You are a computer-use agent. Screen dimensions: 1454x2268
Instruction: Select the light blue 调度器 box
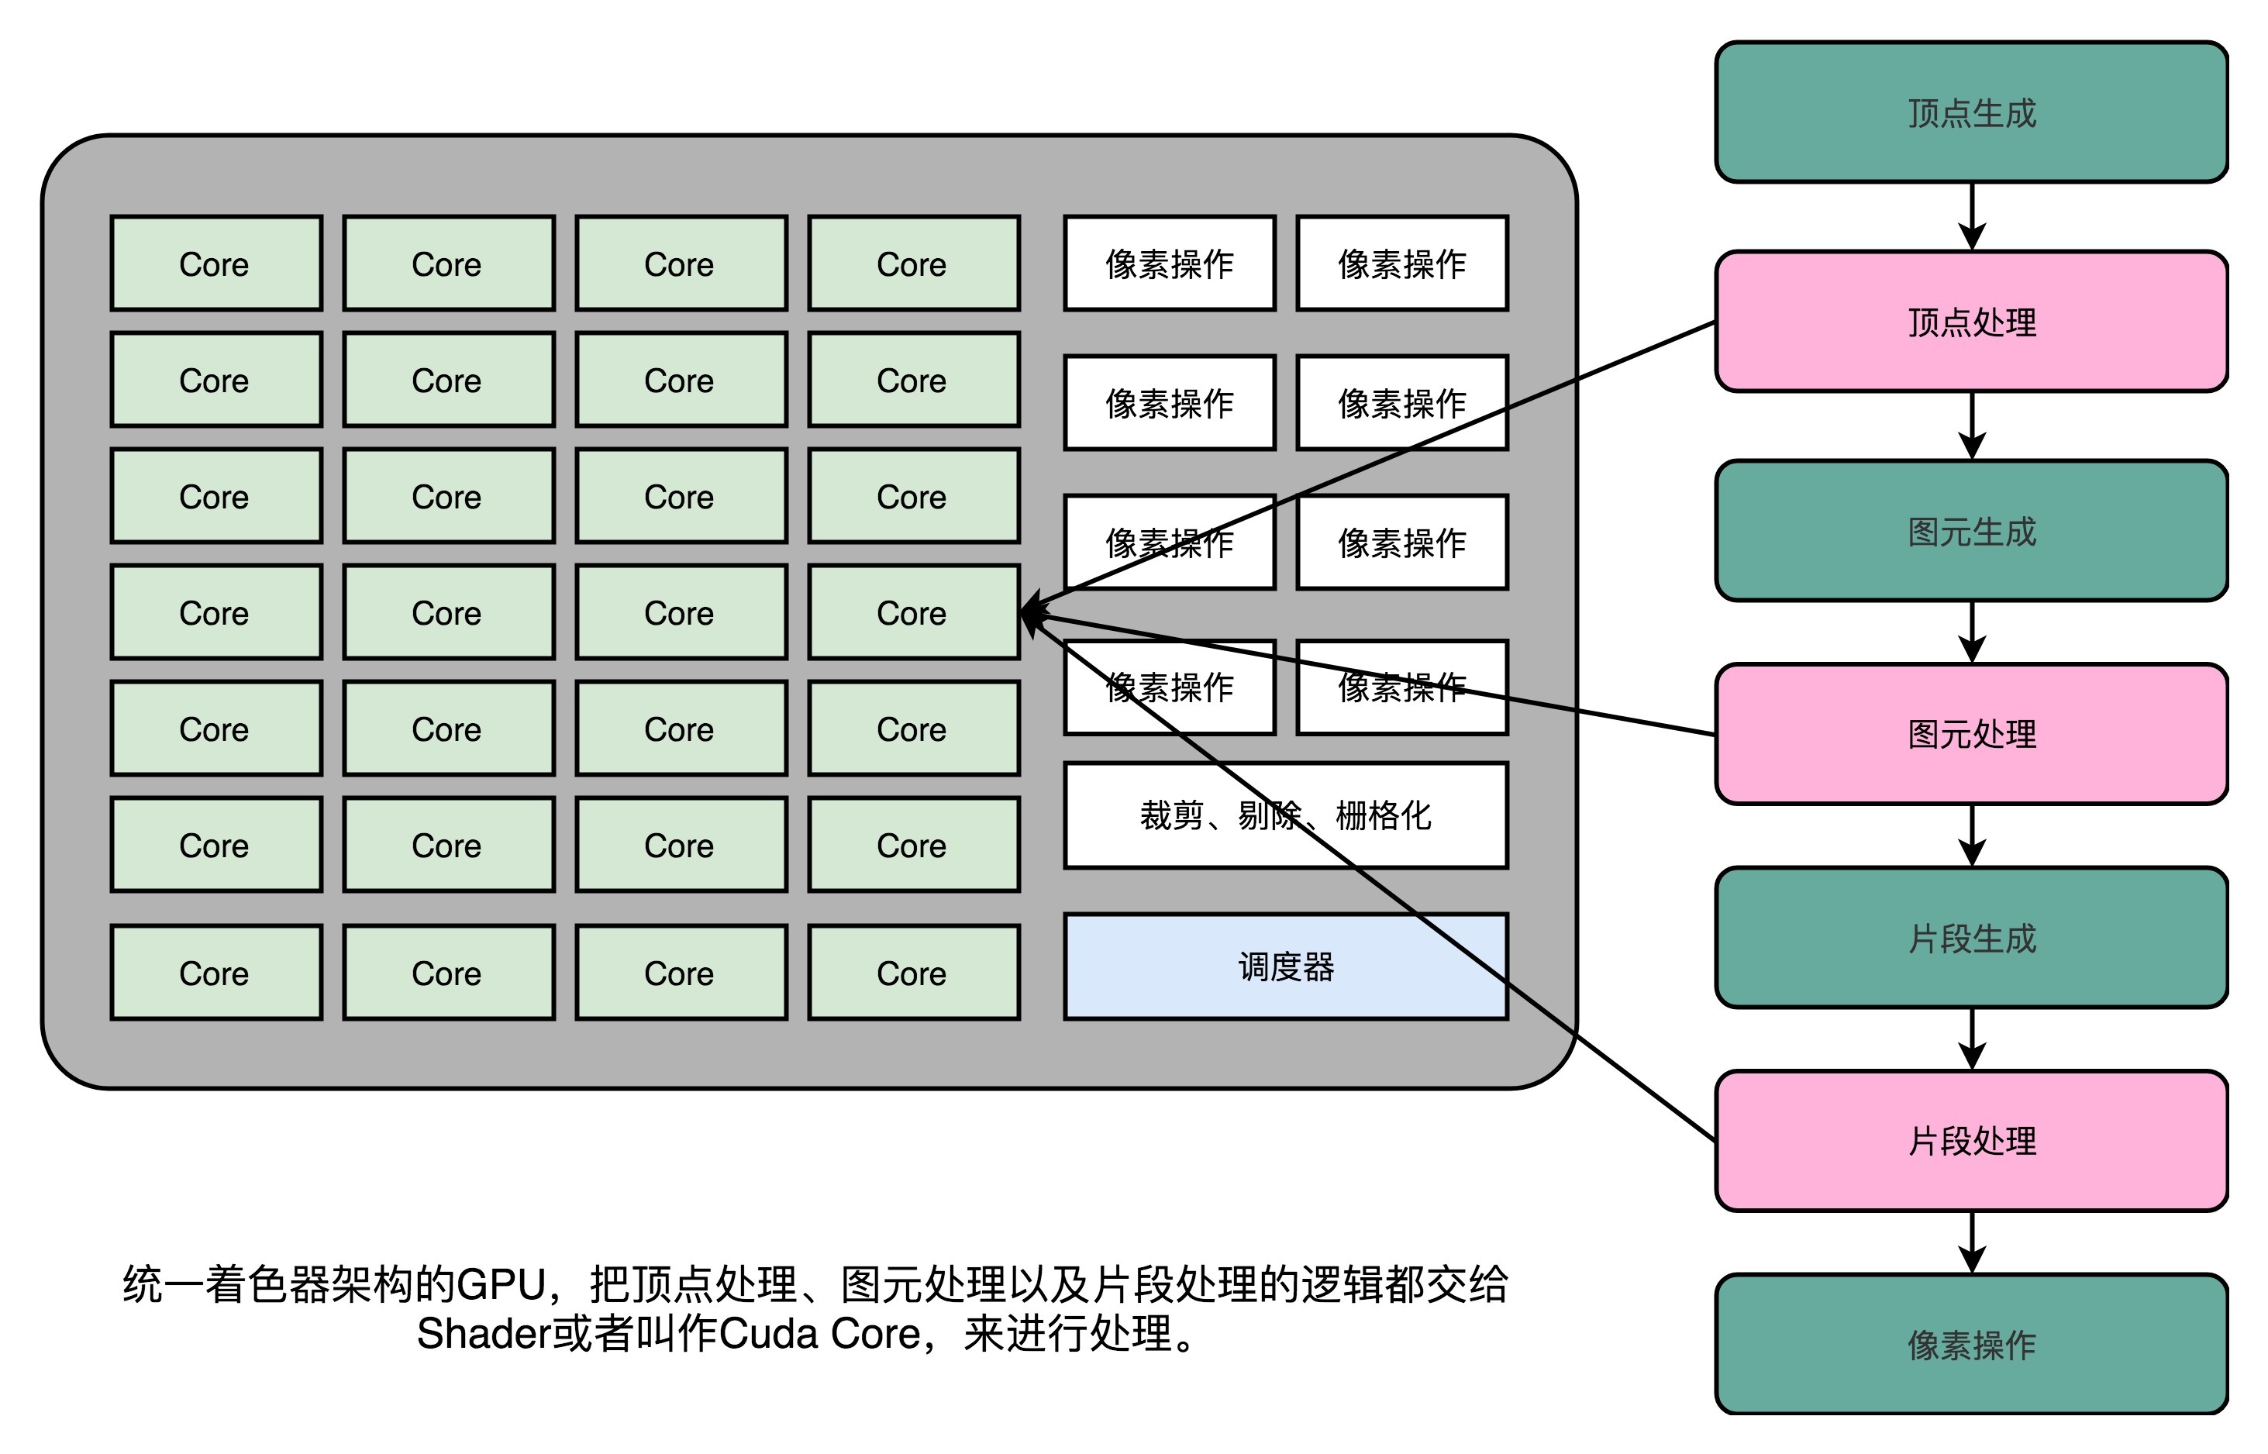1285,966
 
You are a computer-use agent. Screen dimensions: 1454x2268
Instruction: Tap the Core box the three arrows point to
912,613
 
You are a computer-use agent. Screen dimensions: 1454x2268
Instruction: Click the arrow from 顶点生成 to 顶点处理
1972,216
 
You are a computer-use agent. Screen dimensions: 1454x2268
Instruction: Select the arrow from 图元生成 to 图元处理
1972,632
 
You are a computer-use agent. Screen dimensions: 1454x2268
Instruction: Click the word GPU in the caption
502,1285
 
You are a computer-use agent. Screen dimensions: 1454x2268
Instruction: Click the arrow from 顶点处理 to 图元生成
1972,426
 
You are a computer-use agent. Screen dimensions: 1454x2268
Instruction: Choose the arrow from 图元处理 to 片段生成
1972,836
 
